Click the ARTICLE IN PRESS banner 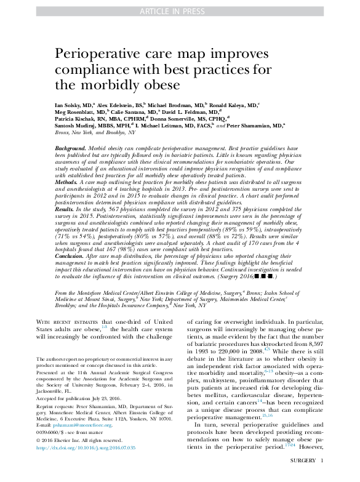click(x=180, y=12)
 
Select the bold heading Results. click(x=66, y=209)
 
